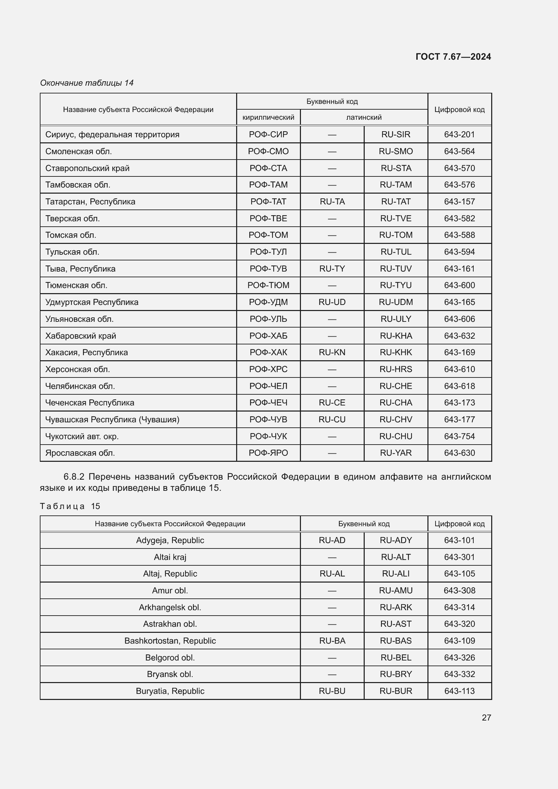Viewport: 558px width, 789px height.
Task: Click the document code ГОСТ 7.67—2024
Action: [453, 57]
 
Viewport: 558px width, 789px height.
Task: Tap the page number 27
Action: [486, 717]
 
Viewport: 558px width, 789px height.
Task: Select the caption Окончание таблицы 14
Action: [87, 83]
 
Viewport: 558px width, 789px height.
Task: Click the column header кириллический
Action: [268, 117]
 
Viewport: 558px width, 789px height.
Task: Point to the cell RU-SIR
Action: [395, 134]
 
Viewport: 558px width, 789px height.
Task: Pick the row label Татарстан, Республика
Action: [90, 202]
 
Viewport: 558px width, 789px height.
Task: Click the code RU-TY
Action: [332, 269]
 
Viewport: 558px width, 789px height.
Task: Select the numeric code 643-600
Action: [459, 285]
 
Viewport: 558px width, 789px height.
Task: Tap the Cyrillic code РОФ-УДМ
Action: [268, 302]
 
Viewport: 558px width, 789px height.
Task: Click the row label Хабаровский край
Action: [80, 336]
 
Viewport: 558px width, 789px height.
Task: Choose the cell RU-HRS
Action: [395, 369]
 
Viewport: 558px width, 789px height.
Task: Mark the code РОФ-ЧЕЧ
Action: [268, 403]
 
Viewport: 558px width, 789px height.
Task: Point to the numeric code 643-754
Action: [459, 436]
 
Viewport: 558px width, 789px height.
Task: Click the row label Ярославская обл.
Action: [80, 453]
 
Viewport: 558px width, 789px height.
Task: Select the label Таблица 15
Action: [70, 506]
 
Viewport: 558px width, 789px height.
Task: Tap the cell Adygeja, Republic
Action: [170, 540]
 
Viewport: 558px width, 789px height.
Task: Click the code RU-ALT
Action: [395, 557]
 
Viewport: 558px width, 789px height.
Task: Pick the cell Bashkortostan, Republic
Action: [170, 641]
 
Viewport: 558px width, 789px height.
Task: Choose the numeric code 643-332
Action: [459, 674]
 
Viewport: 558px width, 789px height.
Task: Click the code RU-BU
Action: [332, 691]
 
